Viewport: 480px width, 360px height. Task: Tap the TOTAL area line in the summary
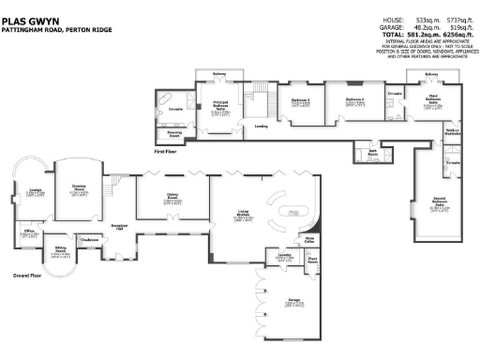coord(413,35)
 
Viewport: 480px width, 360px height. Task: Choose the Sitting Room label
coord(61,251)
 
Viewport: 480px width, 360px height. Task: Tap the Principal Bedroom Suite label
coord(219,109)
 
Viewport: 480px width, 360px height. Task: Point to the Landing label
coord(262,125)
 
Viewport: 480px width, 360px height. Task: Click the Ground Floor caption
coord(29,276)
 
